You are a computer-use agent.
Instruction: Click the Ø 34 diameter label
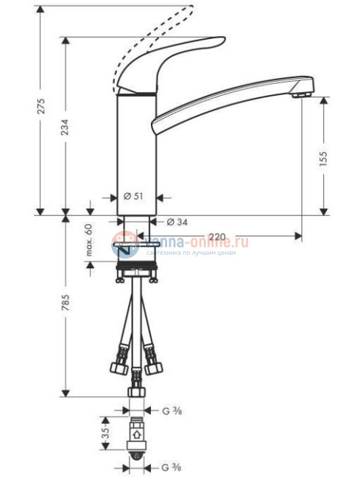pos(174,221)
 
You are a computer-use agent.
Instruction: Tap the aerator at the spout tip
pos(299,94)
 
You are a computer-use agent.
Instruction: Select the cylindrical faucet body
pos(137,147)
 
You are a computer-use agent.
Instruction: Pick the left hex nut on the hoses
pos(118,366)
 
